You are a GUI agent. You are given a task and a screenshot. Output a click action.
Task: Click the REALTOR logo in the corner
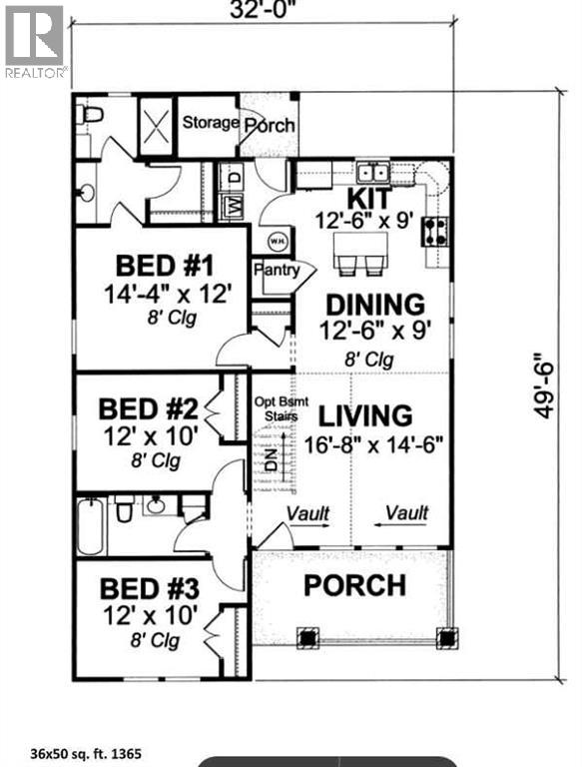coord(35,41)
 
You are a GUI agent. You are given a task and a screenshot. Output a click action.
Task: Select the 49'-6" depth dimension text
coord(541,384)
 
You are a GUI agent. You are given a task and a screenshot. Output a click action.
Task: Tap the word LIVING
coord(365,414)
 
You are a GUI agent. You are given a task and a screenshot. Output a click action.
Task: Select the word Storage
coord(210,123)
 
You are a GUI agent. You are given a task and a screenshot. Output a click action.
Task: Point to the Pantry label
coord(275,270)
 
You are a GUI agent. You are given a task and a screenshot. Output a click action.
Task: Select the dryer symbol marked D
coord(234,176)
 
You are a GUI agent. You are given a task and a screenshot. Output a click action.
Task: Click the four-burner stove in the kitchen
coord(436,232)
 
